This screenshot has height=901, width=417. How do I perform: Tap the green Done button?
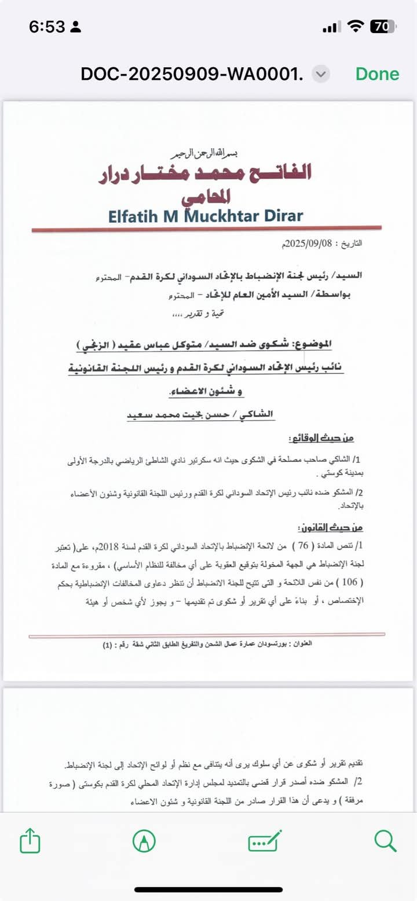pos(377,74)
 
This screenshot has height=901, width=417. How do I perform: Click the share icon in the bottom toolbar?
pos(30,840)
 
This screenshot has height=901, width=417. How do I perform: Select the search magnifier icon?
pos(385,840)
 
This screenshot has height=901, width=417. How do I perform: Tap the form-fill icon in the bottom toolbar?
pos(265,840)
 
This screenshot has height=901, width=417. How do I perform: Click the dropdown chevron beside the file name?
pos(321,74)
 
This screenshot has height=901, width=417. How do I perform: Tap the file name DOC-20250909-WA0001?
pos(192,74)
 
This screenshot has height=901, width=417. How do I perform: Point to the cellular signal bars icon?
pos(330,27)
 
